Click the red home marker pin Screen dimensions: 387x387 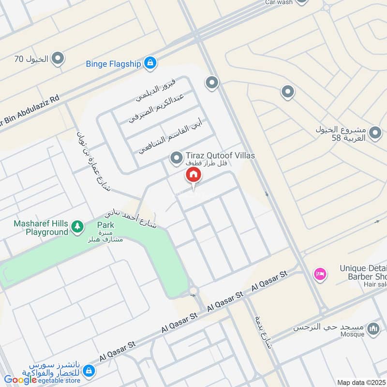(x=193, y=176)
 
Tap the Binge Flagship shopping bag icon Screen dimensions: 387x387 (x=151, y=62)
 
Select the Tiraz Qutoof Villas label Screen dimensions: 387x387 (x=220, y=156)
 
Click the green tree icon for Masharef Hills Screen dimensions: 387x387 (x=77, y=226)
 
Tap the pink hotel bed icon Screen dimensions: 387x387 (x=320, y=274)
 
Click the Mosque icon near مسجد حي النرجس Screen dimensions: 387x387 (x=373, y=329)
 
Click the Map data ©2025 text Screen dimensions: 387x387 (x=361, y=383)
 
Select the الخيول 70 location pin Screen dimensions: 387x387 (x=58, y=60)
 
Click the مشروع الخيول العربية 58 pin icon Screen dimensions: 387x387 (x=375, y=133)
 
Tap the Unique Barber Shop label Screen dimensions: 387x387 (x=363, y=272)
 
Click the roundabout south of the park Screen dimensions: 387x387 (x=194, y=291)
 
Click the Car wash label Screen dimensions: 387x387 (x=279, y=2)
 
